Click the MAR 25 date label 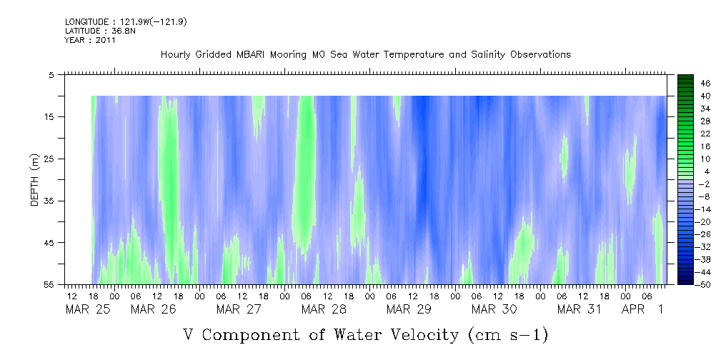click(x=84, y=309)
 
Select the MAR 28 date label click(x=324, y=309)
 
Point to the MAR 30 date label click(x=494, y=309)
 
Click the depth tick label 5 click(x=51, y=74)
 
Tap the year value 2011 click(x=104, y=40)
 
